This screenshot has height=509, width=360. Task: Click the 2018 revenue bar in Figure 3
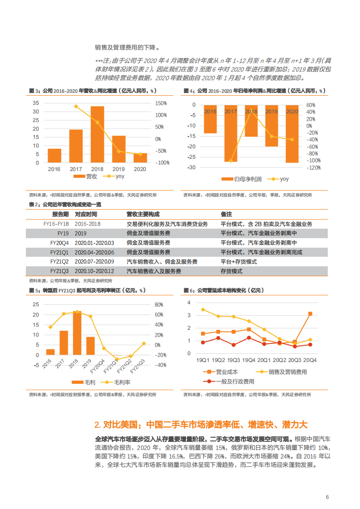click(x=97, y=134)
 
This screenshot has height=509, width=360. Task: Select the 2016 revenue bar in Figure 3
click(x=54, y=156)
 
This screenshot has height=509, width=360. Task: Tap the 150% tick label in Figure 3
click(x=162, y=103)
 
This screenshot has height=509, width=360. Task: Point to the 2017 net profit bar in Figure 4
click(x=231, y=133)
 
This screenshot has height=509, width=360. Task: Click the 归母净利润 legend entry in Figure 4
click(x=243, y=179)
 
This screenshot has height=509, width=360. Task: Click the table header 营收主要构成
click(x=143, y=214)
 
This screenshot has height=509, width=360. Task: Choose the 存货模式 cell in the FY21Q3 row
click(x=232, y=271)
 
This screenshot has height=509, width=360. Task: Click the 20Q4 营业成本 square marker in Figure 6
click(x=310, y=313)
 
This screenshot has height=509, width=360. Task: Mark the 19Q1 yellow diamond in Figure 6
click(x=203, y=310)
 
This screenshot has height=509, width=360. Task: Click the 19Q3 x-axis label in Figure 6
click(x=234, y=360)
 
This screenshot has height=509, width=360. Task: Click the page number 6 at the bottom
click(x=327, y=497)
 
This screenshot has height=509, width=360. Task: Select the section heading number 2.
click(x=97, y=425)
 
